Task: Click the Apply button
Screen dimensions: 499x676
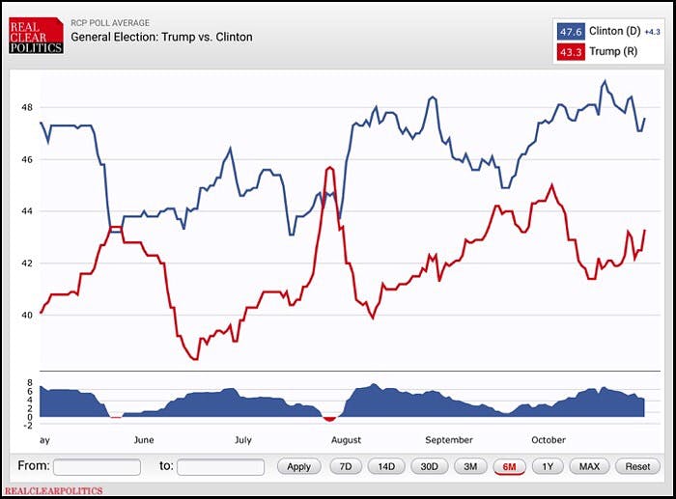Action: (299, 466)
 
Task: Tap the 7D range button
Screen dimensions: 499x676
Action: (344, 466)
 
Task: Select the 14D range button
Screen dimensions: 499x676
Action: (386, 466)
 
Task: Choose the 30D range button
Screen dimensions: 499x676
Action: (429, 466)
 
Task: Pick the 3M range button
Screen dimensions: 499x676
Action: (470, 466)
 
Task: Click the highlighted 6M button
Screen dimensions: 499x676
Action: (509, 466)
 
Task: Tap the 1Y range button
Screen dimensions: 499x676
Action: (548, 466)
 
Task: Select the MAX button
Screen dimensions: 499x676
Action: (589, 466)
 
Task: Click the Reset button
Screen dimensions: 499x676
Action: (637, 466)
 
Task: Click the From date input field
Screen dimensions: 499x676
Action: (97, 466)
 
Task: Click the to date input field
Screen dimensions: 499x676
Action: (220, 466)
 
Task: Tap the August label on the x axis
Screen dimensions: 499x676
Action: (346, 440)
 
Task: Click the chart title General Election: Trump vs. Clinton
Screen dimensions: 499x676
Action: (161, 38)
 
